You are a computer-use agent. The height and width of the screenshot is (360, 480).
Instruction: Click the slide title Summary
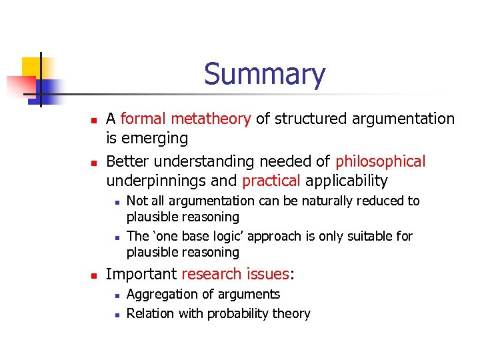click(x=265, y=74)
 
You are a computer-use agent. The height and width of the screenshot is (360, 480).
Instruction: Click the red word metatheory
click(x=211, y=119)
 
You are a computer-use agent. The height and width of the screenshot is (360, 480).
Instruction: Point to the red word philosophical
click(x=380, y=161)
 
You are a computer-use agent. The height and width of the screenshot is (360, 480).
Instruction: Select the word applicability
click(x=347, y=181)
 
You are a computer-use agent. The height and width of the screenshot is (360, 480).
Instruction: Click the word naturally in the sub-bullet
click(x=317, y=201)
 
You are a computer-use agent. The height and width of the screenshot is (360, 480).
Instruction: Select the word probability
click(x=241, y=313)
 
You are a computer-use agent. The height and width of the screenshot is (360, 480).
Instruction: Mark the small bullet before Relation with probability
click(x=115, y=314)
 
